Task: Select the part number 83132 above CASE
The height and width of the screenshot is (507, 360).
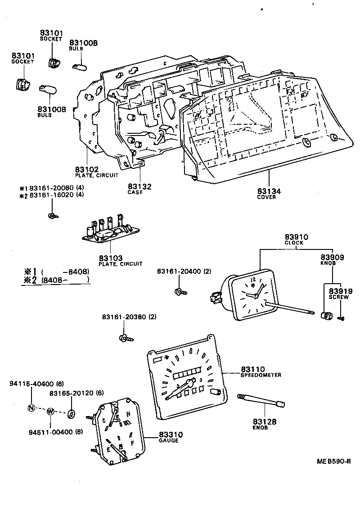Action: point(139,186)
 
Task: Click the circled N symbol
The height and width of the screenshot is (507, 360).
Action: point(31,408)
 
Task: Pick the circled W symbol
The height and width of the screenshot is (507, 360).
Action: point(50,412)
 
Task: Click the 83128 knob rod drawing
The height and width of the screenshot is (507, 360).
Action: point(261,400)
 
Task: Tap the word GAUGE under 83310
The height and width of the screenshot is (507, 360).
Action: point(168,440)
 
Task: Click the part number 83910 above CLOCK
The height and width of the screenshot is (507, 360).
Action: point(293,237)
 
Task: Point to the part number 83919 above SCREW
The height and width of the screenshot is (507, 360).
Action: point(338,291)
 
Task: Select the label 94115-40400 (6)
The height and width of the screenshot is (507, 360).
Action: point(37,384)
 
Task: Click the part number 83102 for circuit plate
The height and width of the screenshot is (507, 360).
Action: point(86,169)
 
